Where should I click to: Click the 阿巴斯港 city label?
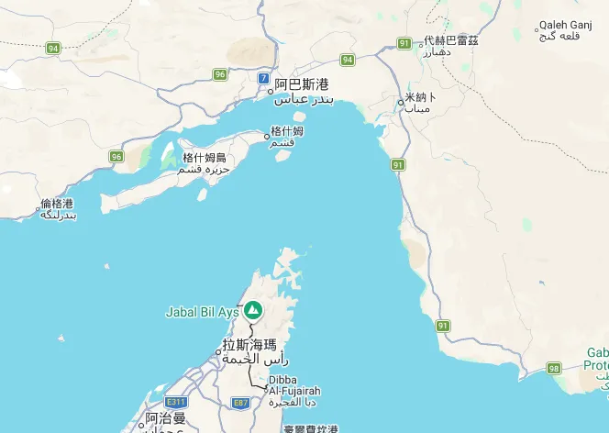302,84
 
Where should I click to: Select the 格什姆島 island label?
204,158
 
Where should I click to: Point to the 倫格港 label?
57,204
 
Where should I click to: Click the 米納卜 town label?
421,96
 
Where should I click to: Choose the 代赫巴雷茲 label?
450,41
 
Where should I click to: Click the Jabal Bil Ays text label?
202,312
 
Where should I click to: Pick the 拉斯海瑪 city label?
249,346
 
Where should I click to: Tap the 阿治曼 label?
165,418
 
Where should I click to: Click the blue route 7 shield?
264,78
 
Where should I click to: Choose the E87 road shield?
240,402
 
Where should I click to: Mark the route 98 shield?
554,368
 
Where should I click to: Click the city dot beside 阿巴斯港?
271,91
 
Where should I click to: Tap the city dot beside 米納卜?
400,102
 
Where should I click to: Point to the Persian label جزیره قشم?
204,170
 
